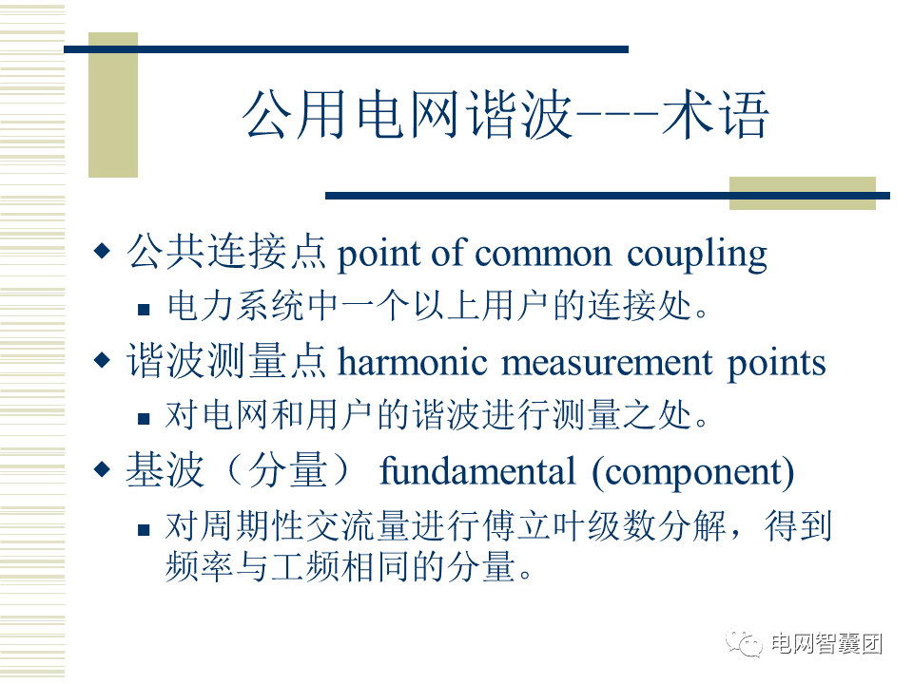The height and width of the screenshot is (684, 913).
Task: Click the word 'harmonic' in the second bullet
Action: (412, 362)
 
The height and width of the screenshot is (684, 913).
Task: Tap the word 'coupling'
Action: (696, 255)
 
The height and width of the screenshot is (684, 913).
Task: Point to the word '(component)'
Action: (693, 472)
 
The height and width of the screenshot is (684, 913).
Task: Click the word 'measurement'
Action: (606, 363)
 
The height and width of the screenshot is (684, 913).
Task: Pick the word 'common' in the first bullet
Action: (543, 255)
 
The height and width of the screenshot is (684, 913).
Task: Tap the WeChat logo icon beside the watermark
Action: (744, 643)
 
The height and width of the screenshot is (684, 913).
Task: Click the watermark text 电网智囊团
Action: (826, 643)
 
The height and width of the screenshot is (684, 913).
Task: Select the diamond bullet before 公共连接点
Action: (102, 251)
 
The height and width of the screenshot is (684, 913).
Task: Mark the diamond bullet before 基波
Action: (102, 468)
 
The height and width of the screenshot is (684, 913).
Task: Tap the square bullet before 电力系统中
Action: (144, 309)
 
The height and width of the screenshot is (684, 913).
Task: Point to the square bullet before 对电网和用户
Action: (144, 418)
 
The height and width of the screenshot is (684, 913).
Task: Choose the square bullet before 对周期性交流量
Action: (144, 529)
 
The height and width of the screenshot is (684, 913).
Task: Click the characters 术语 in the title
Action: (715, 114)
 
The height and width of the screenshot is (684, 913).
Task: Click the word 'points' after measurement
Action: (776, 364)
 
